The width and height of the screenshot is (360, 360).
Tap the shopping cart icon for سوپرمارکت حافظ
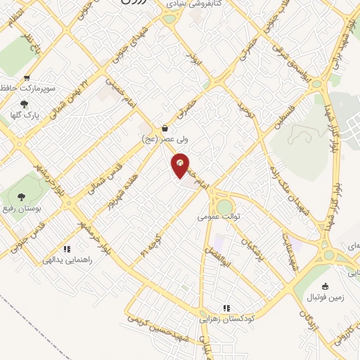(x=27, y=79)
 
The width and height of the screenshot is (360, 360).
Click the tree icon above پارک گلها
(x=25, y=104)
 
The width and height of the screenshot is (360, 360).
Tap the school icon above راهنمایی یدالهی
(x=67, y=249)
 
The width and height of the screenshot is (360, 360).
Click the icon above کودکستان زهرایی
(x=226, y=308)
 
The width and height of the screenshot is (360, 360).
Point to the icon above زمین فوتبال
(x=324, y=286)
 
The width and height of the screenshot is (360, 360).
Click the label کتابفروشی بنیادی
(x=195, y=4)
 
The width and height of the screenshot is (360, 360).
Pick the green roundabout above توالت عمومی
(x=225, y=207)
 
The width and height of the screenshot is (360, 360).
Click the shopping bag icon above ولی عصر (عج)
(x=165, y=129)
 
